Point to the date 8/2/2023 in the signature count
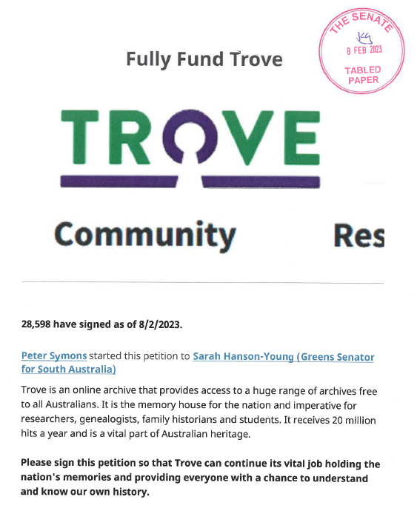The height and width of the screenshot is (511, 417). pyautogui.click(x=155, y=324)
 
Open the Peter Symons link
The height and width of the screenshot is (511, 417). pyautogui.click(x=54, y=356)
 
